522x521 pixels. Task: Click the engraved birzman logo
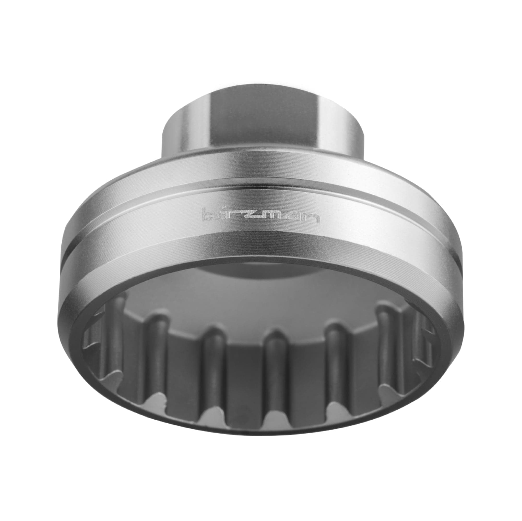pyautogui.click(x=260, y=214)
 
